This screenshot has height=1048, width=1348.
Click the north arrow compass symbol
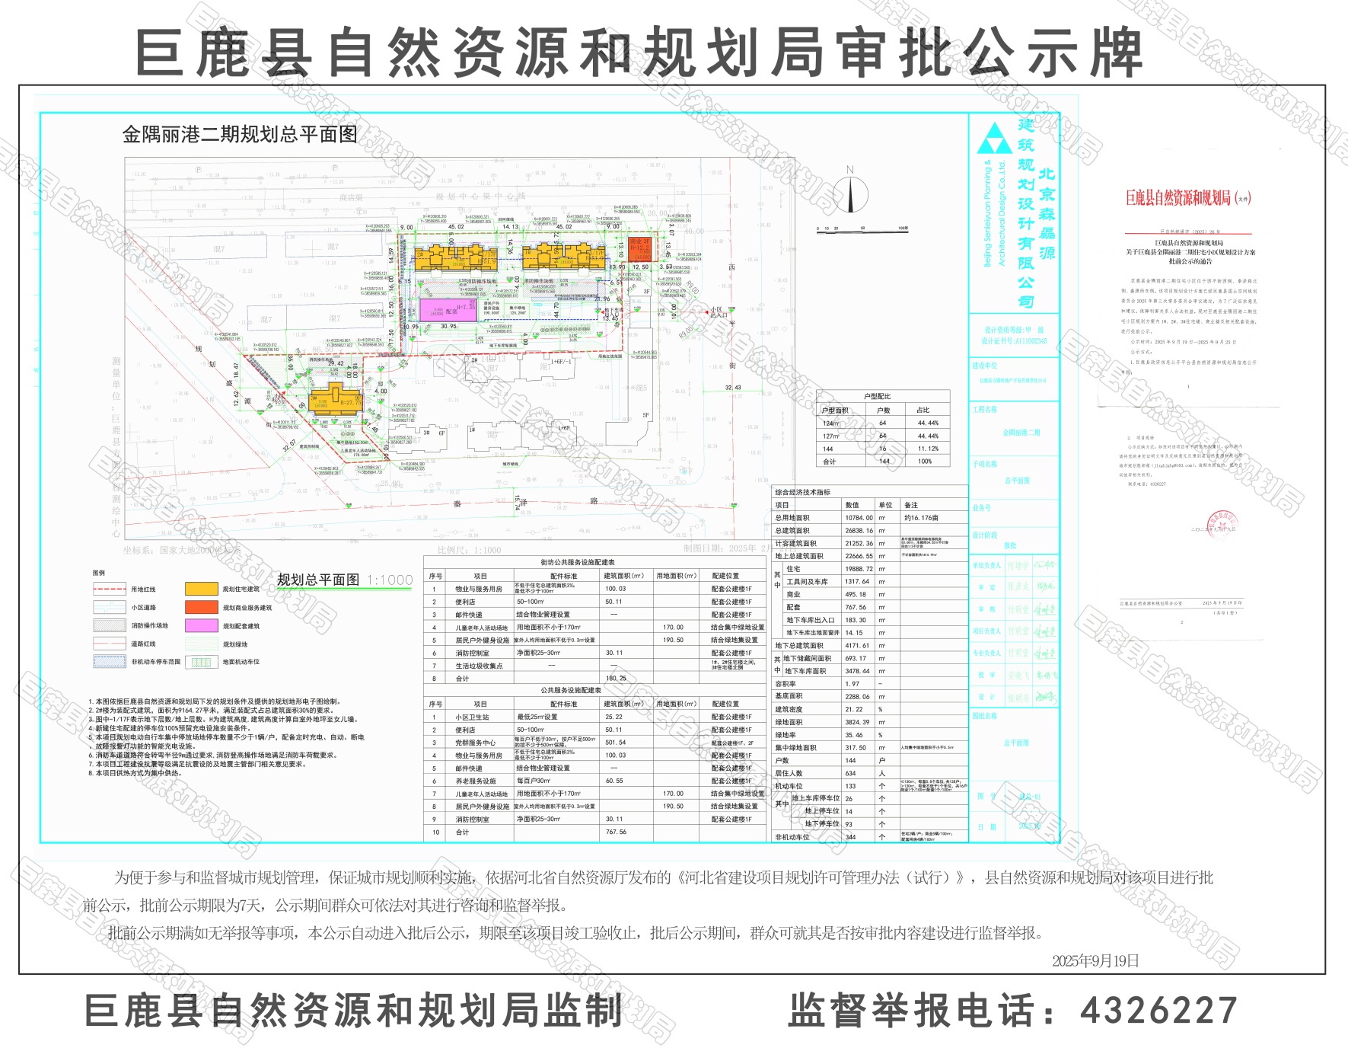tap(850, 193)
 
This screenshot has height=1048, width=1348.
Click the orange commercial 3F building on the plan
tap(639, 248)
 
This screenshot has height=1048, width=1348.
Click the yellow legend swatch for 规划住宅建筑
tap(201, 589)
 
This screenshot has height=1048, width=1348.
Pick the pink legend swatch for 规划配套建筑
tap(201, 625)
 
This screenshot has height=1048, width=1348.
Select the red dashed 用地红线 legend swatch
tap(109, 589)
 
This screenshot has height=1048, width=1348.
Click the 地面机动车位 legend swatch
tap(201, 662)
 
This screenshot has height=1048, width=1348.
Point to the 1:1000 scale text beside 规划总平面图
tap(390, 580)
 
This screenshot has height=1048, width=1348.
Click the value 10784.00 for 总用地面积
tap(859, 518)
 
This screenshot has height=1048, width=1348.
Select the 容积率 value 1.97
tap(852, 684)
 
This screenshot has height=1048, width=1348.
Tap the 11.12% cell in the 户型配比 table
tap(928, 449)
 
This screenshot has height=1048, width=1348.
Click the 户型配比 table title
tap(877, 397)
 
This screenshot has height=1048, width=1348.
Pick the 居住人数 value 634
tap(851, 773)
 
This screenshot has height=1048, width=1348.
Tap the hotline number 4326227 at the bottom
tap(1158, 1011)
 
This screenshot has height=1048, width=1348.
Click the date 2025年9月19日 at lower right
tap(1095, 961)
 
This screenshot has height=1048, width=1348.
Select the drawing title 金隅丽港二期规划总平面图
tap(240, 135)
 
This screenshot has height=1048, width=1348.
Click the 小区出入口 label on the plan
tap(719, 312)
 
